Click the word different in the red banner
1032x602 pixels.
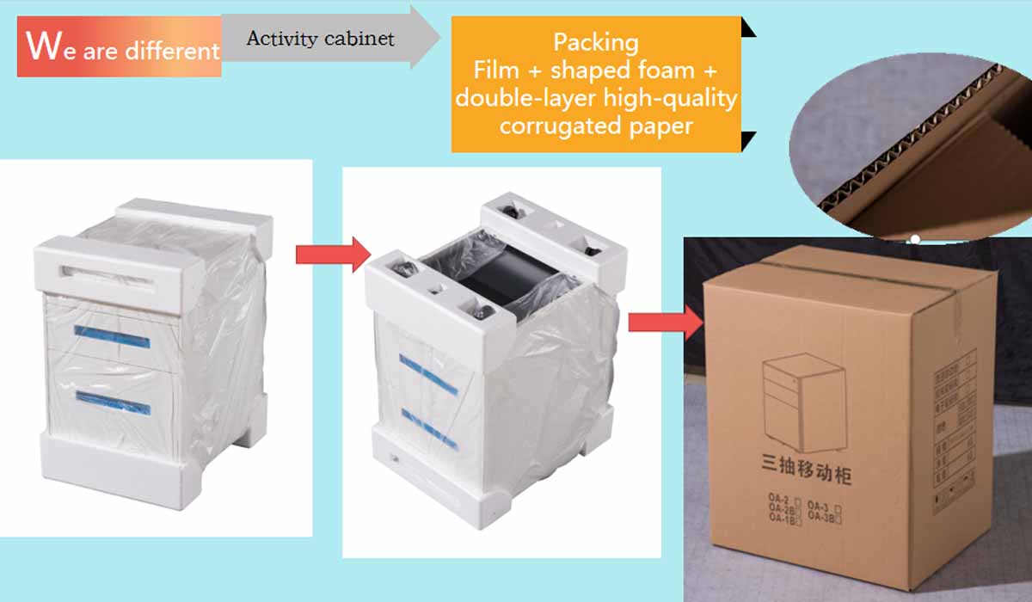click(x=172, y=52)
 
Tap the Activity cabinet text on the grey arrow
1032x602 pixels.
click(x=320, y=39)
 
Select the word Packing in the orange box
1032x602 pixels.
click(x=595, y=41)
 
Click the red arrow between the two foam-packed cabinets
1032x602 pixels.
click(x=332, y=254)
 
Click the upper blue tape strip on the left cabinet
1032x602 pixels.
click(x=112, y=336)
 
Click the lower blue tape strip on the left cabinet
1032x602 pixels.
click(x=112, y=402)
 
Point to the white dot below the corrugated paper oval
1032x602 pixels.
click(x=916, y=238)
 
